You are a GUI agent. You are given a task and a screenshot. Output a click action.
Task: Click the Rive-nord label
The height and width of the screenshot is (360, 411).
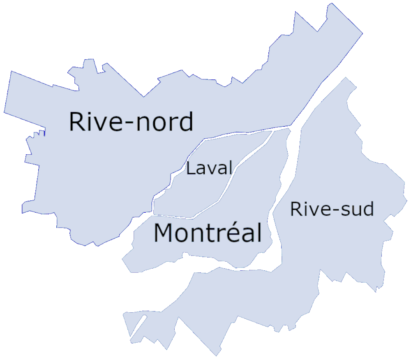[x=131, y=122]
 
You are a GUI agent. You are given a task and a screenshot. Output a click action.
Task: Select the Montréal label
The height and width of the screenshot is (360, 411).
[x=208, y=233]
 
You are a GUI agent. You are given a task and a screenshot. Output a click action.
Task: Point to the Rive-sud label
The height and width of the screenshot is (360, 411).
[x=332, y=209]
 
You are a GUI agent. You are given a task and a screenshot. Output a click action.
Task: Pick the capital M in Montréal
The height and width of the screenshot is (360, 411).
[x=163, y=233]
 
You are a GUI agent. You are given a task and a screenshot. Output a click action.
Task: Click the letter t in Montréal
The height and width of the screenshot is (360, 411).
[x=208, y=234]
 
